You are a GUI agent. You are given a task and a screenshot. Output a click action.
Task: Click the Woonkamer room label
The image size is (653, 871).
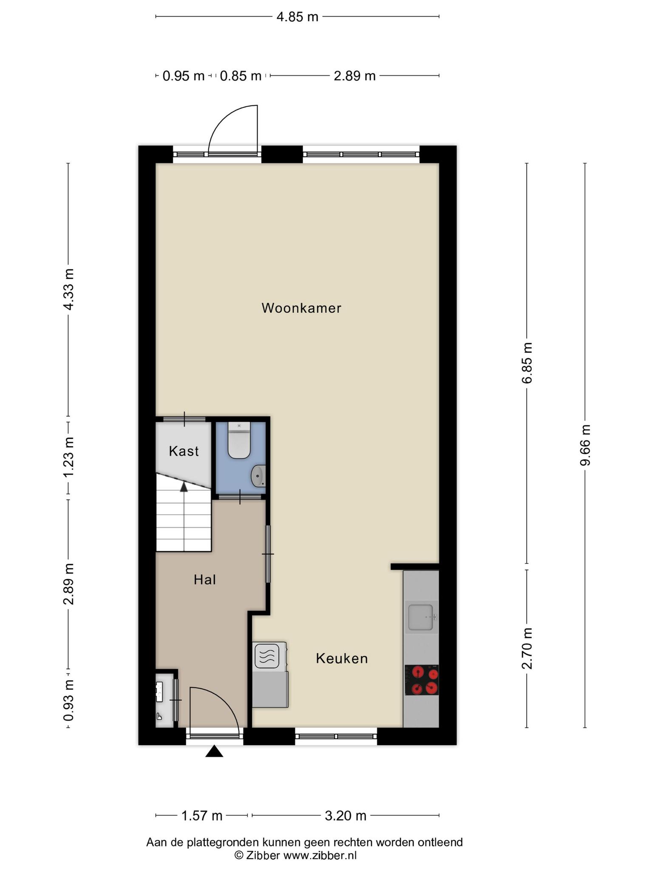coord(301,308)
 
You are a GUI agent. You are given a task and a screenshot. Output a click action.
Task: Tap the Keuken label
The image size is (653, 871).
coord(342,658)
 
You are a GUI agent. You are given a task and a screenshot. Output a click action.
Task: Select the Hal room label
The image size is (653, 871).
coord(205,579)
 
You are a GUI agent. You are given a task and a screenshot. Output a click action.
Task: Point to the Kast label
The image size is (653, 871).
coord(184,451)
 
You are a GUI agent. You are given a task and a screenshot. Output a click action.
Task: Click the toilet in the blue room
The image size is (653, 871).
coord(239,440)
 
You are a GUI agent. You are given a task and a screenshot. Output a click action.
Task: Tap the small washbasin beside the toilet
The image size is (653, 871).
coord(258,476)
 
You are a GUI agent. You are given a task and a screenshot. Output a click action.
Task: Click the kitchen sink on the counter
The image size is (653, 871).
coord(421,617)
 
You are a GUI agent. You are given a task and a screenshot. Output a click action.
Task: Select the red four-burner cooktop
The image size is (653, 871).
coord(421,680)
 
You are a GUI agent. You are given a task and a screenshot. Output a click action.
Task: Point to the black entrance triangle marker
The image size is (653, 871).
coord(214,752)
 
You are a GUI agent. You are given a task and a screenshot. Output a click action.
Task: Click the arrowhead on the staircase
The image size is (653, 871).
coord(184,487)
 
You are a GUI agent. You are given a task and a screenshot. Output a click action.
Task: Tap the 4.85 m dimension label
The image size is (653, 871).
coord(297,17)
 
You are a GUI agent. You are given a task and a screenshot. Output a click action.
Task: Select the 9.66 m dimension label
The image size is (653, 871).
coord(585,445)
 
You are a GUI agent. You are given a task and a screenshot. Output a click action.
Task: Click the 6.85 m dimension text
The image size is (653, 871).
coord(527,363)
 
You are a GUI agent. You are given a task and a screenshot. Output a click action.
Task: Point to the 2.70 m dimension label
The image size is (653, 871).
coord(527,649)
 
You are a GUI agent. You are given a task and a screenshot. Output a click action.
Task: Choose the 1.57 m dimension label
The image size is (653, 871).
coord(202,816)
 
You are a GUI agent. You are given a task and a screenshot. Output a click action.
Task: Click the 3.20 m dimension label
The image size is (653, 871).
coord(345,816)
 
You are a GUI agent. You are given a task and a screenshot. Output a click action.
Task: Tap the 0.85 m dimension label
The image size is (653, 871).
coord(241,76)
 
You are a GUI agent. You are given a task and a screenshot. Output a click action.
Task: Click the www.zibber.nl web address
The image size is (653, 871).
coord(320,855)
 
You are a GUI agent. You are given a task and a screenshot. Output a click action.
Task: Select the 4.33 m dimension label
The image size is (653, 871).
coord(68,289)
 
